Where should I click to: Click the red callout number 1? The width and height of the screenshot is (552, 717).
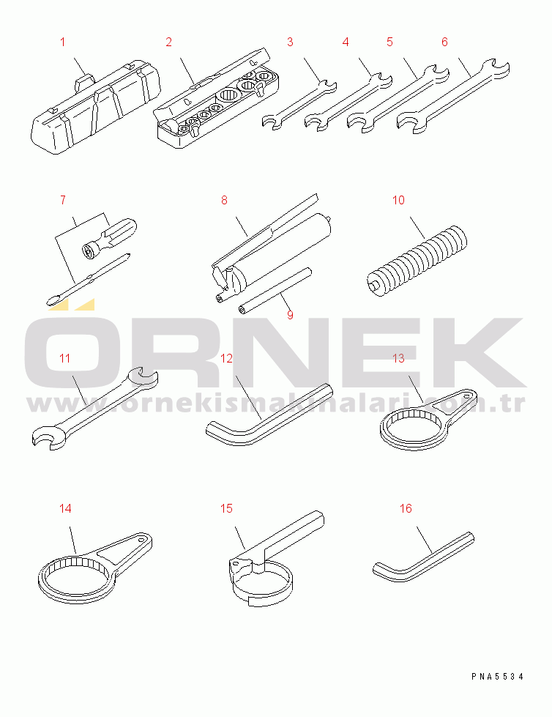pos(63,42)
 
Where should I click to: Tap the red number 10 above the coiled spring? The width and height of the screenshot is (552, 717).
pos(398,200)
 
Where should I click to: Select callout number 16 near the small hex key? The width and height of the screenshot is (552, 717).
pos(406,508)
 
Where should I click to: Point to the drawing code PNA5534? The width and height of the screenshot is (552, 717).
pos(498,676)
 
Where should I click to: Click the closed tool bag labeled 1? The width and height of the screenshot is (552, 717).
pos(96,108)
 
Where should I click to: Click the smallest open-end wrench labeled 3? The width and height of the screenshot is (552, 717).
pos(299,104)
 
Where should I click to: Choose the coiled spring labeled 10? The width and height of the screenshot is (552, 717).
pos(417,259)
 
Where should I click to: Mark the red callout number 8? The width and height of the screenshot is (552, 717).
pos(224,200)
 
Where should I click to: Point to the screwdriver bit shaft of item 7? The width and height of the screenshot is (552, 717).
pos(89,279)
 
